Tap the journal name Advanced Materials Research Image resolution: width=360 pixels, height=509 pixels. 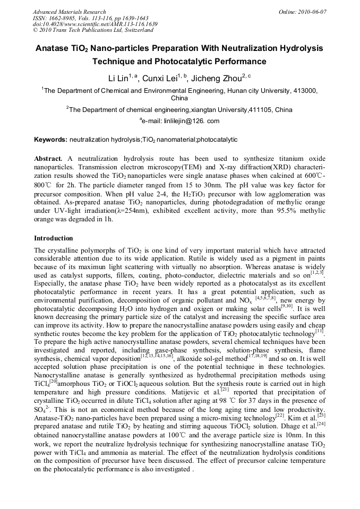click(x=69, y=12)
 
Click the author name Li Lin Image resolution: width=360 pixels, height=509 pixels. click(x=118, y=79)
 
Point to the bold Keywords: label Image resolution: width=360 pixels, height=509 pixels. click(x=50, y=140)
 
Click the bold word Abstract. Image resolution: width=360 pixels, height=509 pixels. click(x=49, y=159)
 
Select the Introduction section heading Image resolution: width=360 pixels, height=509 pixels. click(x=54, y=238)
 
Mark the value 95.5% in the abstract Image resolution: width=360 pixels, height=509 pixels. click(x=281, y=211)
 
